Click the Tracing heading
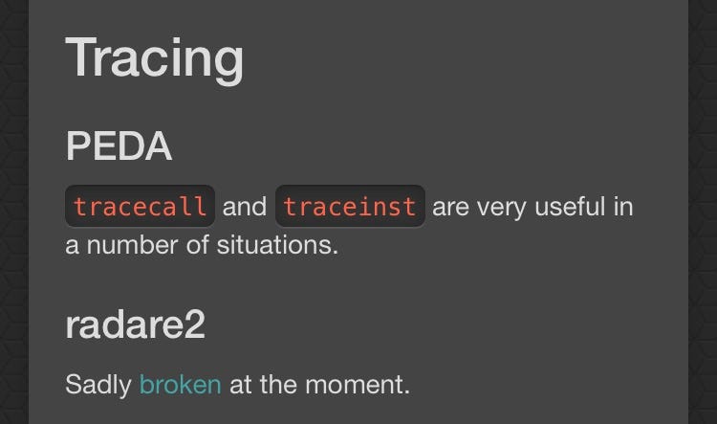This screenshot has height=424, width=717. click(x=155, y=59)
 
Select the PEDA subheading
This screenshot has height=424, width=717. click(x=119, y=145)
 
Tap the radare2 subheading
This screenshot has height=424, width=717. click(x=136, y=324)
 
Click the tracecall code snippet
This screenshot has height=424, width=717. click(x=140, y=206)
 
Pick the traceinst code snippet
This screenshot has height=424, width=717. click(x=350, y=206)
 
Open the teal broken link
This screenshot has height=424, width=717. click(x=181, y=384)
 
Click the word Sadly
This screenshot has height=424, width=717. click(x=98, y=385)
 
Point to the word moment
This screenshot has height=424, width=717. click(x=358, y=385)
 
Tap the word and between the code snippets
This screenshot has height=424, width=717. click(x=245, y=207)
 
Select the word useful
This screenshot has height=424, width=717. click(x=570, y=207)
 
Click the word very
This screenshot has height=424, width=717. click(x=502, y=209)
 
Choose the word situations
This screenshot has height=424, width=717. click(x=277, y=245)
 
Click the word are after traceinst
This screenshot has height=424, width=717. click(x=451, y=209)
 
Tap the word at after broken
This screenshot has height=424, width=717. click(x=241, y=385)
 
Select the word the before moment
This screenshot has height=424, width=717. click(x=278, y=384)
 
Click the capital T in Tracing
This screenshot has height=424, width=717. click(x=83, y=56)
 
